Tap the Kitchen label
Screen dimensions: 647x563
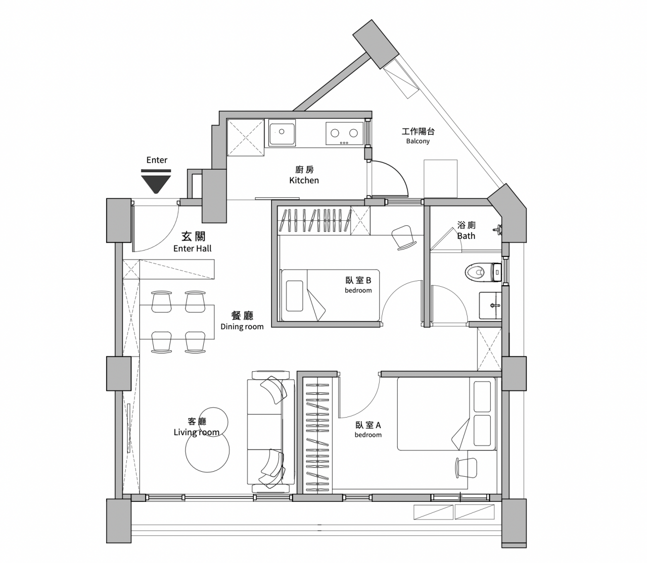304,180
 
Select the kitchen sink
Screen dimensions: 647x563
282,133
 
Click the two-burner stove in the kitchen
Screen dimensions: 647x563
344,134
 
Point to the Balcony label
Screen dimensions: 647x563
418,141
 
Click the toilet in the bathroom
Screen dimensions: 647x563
483,272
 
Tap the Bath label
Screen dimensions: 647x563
466,236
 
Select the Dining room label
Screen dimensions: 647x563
242,327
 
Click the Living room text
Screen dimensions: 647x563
197,432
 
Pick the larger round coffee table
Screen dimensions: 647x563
207,450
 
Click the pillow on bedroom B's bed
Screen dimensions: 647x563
294,296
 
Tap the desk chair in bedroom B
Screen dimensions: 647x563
403,237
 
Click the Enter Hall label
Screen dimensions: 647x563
192,248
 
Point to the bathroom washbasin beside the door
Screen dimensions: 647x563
490,305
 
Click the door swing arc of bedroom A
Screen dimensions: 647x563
368,404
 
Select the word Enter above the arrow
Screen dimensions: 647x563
157,160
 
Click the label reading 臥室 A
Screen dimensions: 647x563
368,425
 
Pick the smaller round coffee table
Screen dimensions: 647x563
214,422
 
